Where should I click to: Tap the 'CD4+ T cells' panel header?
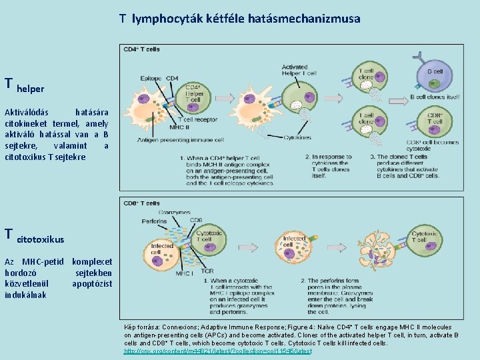[x=141, y=49]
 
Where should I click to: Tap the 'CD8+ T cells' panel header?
[x=141, y=203]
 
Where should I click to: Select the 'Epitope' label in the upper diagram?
[x=151, y=79]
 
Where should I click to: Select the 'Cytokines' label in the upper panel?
[x=297, y=138]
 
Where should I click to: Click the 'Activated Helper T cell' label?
[x=295, y=71]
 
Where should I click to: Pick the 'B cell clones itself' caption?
[x=435, y=97]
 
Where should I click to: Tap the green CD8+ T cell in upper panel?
[x=434, y=124]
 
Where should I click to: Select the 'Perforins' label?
[x=154, y=221]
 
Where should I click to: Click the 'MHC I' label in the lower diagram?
[x=184, y=273]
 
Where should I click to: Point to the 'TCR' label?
[x=207, y=271]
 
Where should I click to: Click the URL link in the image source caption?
[x=218, y=351]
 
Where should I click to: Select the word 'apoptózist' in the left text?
[x=92, y=284]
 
